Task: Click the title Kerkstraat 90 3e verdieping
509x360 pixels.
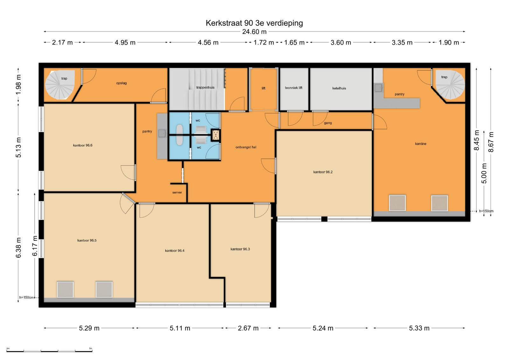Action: [x=254, y=23]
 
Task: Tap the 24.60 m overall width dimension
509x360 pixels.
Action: [x=254, y=31]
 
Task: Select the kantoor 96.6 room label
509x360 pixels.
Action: [x=83, y=145]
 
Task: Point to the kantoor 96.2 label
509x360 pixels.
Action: [x=323, y=172]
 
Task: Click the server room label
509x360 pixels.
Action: [x=177, y=192]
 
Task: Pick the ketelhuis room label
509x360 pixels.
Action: [x=339, y=88]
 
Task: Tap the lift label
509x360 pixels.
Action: [x=263, y=88]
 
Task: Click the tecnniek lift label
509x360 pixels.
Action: [x=294, y=88]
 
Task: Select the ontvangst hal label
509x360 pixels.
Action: [x=246, y=147]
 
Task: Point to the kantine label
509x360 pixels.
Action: [x=421, y=144]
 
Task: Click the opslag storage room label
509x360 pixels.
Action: [x=121, y=83]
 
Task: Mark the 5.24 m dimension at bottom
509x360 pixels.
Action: [x=323, y=328]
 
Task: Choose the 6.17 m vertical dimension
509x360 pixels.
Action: [x=35, y=246]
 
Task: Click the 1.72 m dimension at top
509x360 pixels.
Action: [x=264, y=43]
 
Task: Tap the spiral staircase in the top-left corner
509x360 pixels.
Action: [x=60, y=85]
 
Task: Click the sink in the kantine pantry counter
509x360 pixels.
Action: [x=378, y=88]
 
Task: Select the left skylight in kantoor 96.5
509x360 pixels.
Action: [x=65, y=289]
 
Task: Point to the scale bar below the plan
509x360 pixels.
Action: [x=49, y=351]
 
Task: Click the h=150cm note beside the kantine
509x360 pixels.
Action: [x=486, y=211]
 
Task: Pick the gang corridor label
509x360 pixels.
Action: [x=328, y=123]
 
